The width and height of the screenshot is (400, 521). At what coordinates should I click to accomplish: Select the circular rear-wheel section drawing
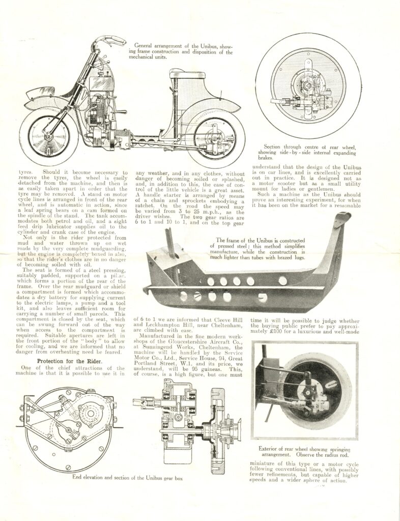click(308, 84)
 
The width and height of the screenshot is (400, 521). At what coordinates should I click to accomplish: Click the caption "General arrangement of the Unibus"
click(181, 49)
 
